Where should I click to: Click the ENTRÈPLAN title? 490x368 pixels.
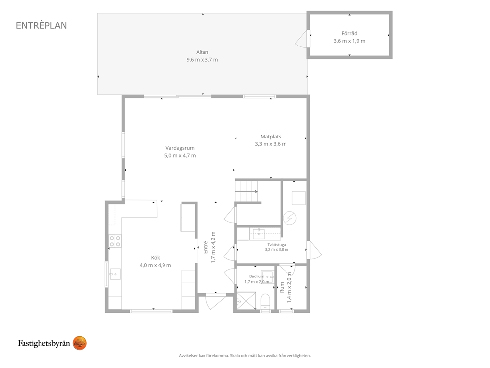coord(41,25)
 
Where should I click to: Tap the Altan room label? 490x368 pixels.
coord(202,52)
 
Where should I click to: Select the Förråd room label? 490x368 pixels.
coord(349,33)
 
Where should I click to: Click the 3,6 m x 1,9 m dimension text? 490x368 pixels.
coord(349,41)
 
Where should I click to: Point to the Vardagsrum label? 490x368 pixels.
coord(180,148)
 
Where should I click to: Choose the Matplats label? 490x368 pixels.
coord(271,137)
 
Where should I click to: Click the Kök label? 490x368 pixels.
coord(155,258)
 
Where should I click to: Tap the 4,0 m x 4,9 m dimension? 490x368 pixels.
coord(155,265)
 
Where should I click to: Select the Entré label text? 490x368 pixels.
coord(205,247)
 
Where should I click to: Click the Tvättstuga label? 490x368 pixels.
coord(277,245)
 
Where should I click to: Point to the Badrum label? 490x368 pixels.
coord(257,276)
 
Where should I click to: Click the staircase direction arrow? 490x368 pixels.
coord(246,191)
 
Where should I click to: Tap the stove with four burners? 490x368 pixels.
coord(115,241)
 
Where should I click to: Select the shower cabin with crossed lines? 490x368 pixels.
coord(245,301)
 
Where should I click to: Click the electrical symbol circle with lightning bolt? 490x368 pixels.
coord(289,218)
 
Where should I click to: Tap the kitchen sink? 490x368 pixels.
coord(115,274)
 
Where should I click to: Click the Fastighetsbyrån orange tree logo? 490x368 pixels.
coord(80,343)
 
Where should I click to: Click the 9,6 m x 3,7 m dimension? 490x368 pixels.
coord(202,60)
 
